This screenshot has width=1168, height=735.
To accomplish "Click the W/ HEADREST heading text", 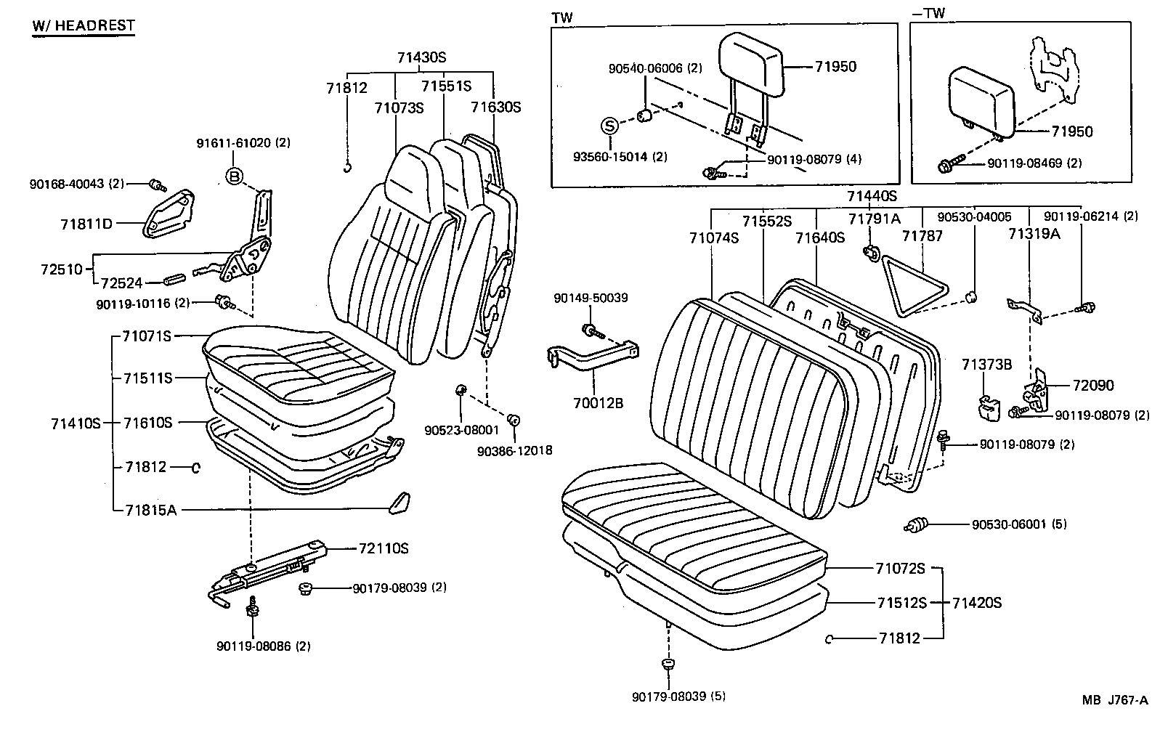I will tap(84, 25).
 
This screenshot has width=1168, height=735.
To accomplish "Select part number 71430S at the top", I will tap(421, 57).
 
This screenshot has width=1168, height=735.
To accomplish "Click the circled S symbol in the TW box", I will tap(609, 126).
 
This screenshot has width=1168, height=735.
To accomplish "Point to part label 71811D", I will tap(86, 224).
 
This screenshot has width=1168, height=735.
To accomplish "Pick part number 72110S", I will tap(383, 548).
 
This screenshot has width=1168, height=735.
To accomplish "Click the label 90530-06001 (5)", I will tap(1020, 524).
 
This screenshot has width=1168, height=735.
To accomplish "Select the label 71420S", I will tap(976, 602).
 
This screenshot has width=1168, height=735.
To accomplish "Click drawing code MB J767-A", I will tap(1114, 700).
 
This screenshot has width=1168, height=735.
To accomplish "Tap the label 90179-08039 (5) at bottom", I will tap(678, 697).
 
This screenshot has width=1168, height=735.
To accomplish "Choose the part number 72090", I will tap(1093, 385).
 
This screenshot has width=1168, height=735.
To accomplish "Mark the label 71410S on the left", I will tap(76, 423).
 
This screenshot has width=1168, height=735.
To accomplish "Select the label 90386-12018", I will tap(514, 451).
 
